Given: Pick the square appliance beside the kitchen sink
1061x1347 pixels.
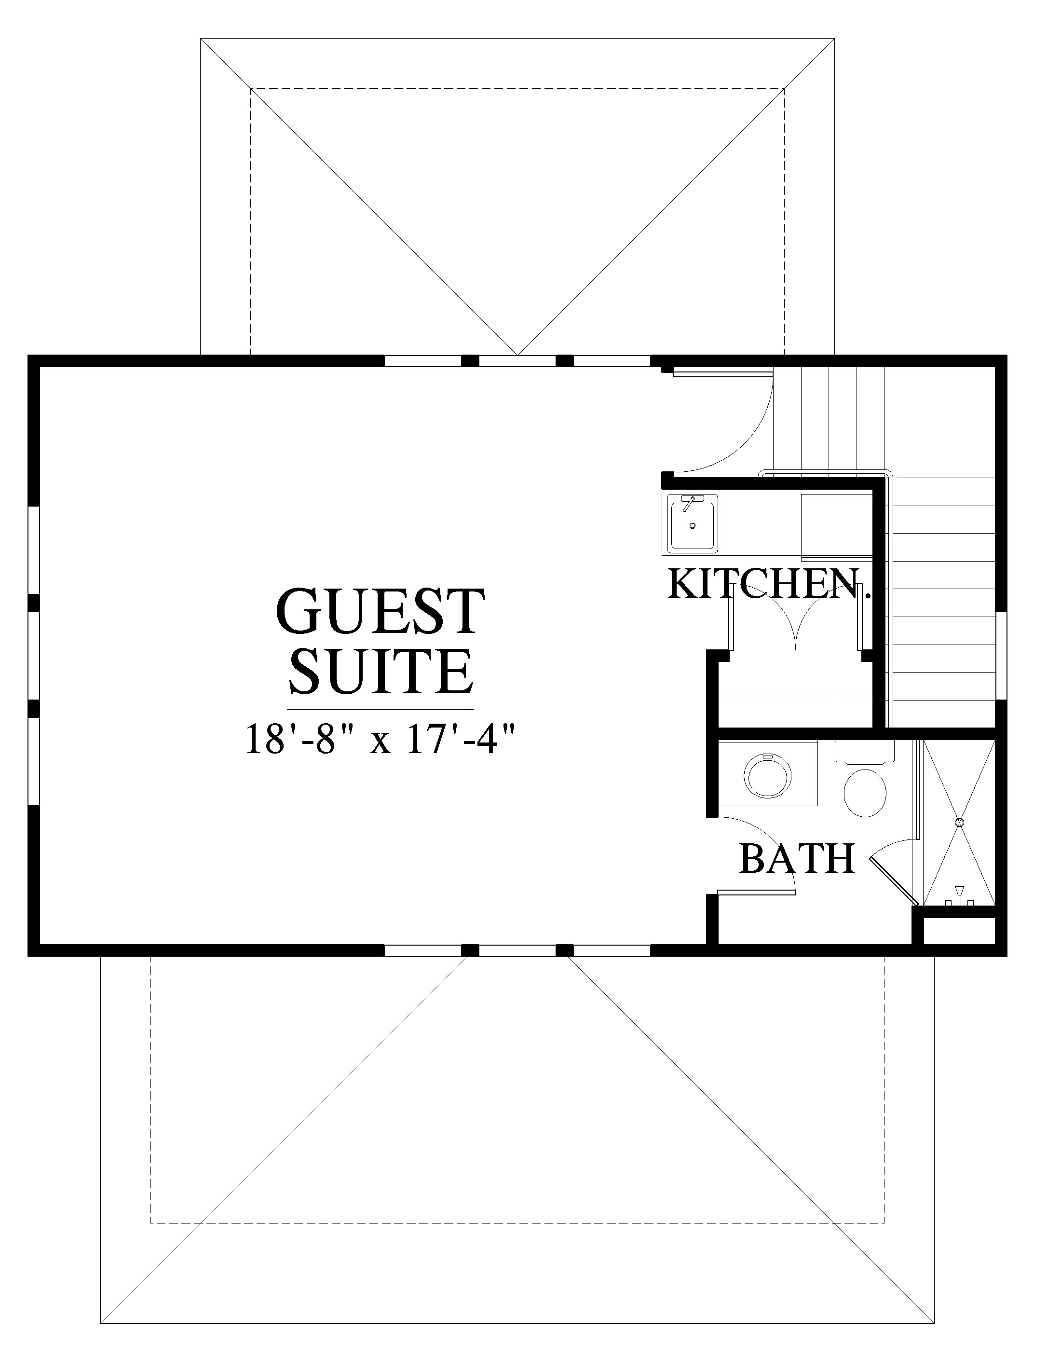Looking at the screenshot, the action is pos(837,527).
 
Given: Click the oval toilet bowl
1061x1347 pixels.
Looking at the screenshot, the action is pos(865,794).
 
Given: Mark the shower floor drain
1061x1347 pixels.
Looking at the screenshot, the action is pos(959,823).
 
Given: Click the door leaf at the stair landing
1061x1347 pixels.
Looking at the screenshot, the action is pos(722,373).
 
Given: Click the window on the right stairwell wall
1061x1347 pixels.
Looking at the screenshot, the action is pos(1001,656).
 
